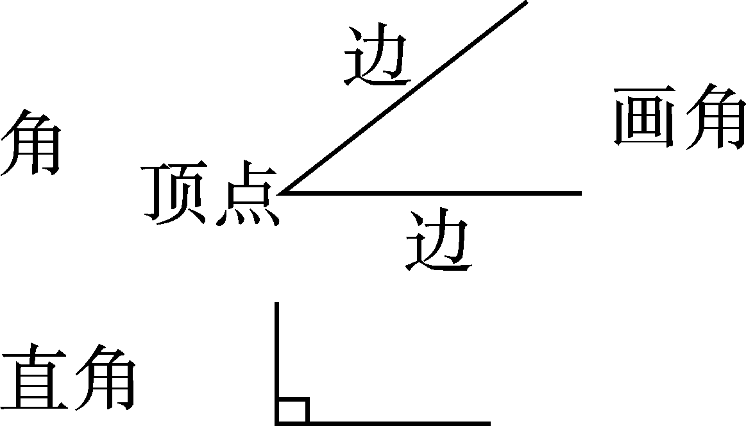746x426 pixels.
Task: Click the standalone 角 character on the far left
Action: pyautogui.click(x=31, y=142)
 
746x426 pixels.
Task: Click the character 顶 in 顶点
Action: pyautogui.click(x=177, y=194)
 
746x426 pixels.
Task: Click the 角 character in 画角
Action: pyautogui.click(x=713, y=119)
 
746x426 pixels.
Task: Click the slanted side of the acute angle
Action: pyautogui.click(x=404, y=96)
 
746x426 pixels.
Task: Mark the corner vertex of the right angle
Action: pyautogui.click(x=277, y=423)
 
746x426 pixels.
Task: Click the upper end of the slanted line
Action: pyautogui.click(x=526, y=2)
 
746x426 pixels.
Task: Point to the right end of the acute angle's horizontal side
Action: pyautogui.click(x=580, y=192)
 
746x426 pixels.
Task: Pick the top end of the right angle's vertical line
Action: pyautogui.click(x=276, y=303)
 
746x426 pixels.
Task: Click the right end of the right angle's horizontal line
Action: pyautogui.click(x=489, y=423)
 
